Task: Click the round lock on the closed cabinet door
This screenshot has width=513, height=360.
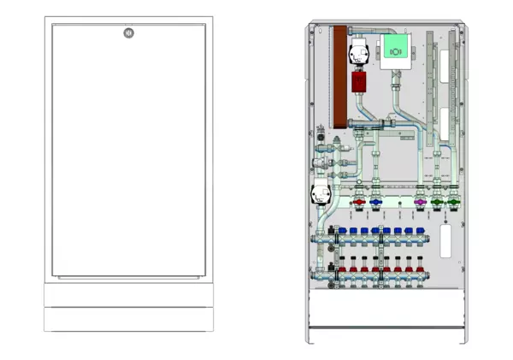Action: tap(128, 33)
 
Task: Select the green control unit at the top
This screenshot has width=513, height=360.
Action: tap(396, 50)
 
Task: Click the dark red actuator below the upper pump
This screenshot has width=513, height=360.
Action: tap(359, 82)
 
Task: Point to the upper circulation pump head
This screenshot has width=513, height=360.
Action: tap(358, 54)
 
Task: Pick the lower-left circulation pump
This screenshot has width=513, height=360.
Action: tap(321, 194)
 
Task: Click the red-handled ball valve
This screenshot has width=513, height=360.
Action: tap(360, 204)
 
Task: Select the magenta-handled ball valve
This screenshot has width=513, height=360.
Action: tap(419, 204)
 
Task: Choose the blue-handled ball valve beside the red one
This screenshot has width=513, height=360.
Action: tap(375, 204)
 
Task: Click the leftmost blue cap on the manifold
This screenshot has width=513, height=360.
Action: tap(342, 231)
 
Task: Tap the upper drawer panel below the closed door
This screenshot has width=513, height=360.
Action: tap(128, 295)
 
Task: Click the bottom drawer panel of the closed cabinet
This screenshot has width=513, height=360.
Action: tap(128, 319)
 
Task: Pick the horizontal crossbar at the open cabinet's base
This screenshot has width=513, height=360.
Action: tap(389, 329)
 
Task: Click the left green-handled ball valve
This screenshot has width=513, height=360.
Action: tap(438, 204)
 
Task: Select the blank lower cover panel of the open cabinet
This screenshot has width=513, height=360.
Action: tap(389, 309)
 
